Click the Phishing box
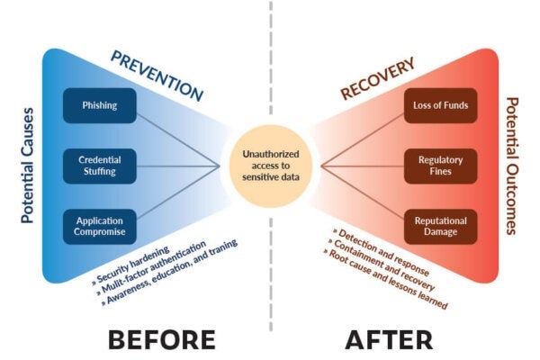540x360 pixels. pyautogui.click(x=98, y=105)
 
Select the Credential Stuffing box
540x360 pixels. pyautogui.click(x=98, y=166)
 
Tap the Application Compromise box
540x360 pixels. pyautogui.click(x=98, y=225)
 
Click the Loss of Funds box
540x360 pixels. pyautogui.click(x=441, y=105)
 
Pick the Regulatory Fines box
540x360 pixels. pyautogui.click(x=441, y=166)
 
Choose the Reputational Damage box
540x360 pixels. pyautogui.click(x=441, y=225)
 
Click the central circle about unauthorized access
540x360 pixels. pyautogui.click(x=270, y=166)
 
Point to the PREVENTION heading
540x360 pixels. pyautogui.click(x=157, y=75)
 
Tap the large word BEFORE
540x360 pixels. pyautogui.click(x=162, y=339)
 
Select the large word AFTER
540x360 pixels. pyautogui.click(x=389, y=339)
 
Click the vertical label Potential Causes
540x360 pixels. pyautogui.click(x=26, y=165)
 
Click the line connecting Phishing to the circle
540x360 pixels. pyautogui.click(x=180, y=135)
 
